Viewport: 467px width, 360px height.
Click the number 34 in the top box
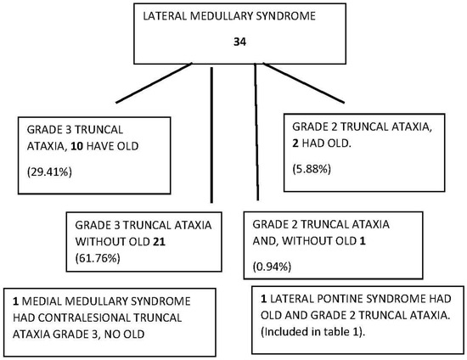click(238, 41)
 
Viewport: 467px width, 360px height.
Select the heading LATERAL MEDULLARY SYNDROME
click(238, 17)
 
